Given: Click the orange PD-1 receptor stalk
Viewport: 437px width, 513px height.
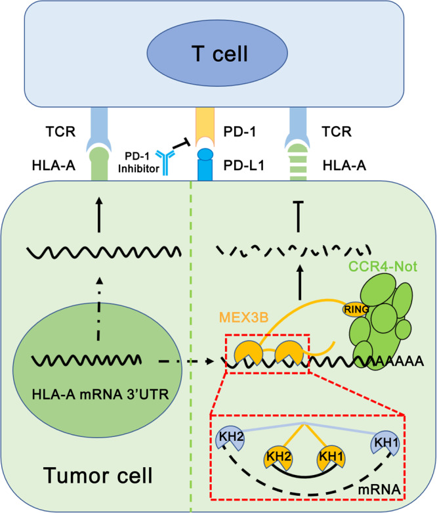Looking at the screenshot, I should coord(219,120).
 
